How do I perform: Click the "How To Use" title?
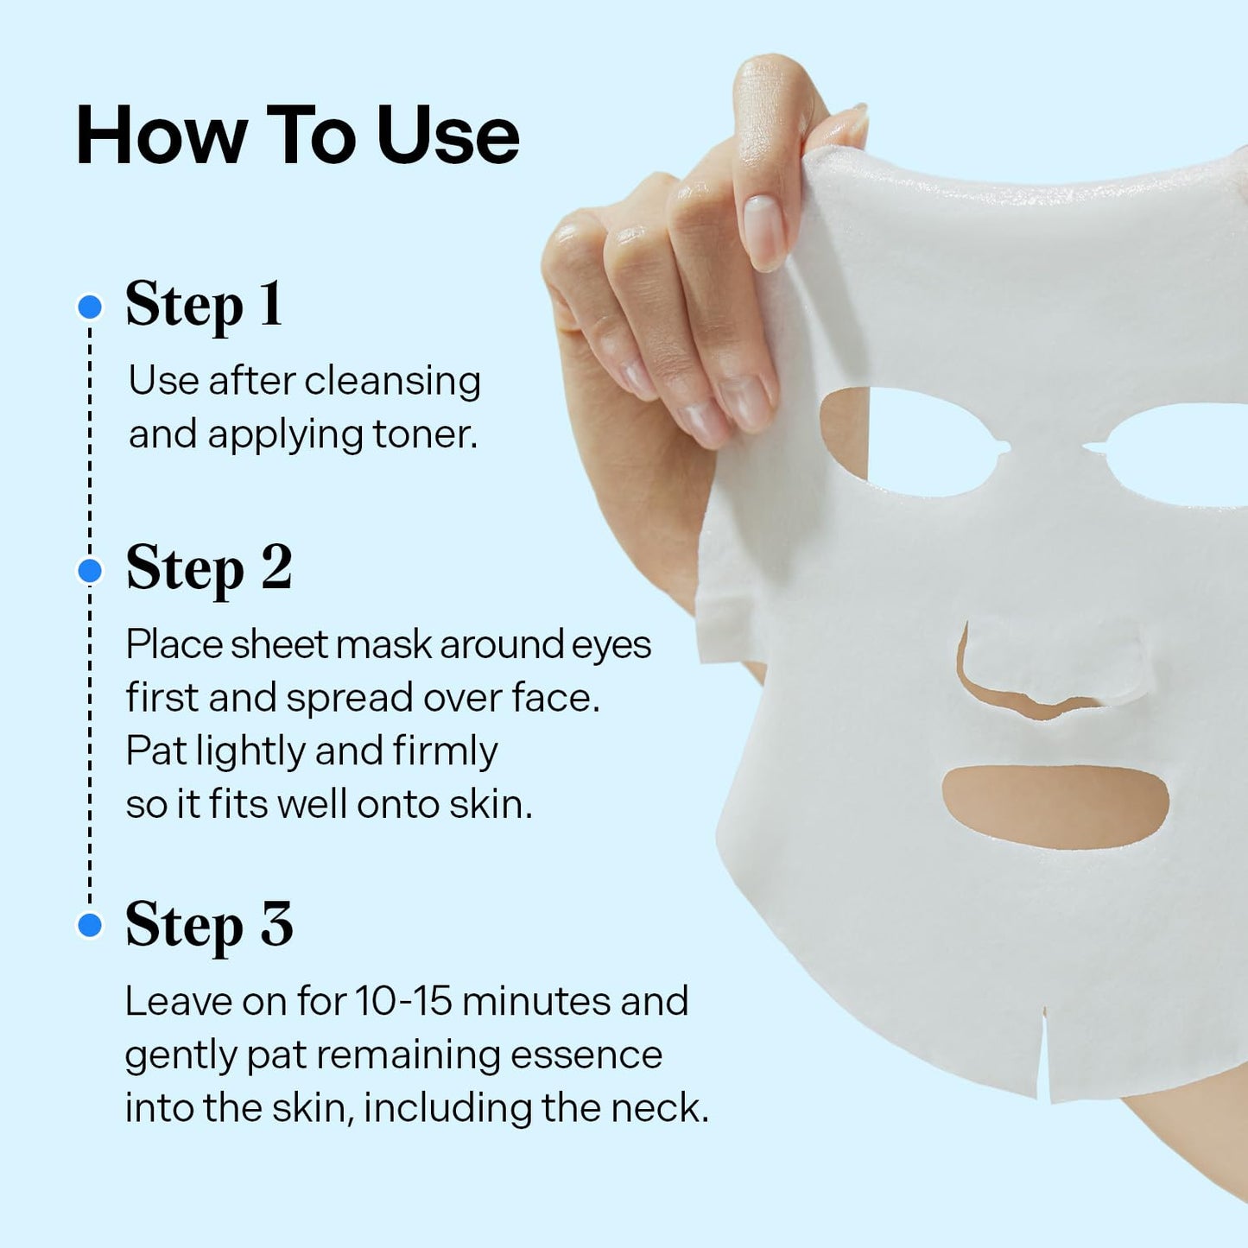297,136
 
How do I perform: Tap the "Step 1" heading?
204,305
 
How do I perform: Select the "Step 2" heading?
209,569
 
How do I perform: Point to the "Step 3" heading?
209,925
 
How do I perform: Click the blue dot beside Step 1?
90,307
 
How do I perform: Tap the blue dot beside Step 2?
90,571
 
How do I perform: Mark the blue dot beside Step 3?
90,926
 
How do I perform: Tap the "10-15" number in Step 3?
403,1002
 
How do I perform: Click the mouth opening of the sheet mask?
1055,805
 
